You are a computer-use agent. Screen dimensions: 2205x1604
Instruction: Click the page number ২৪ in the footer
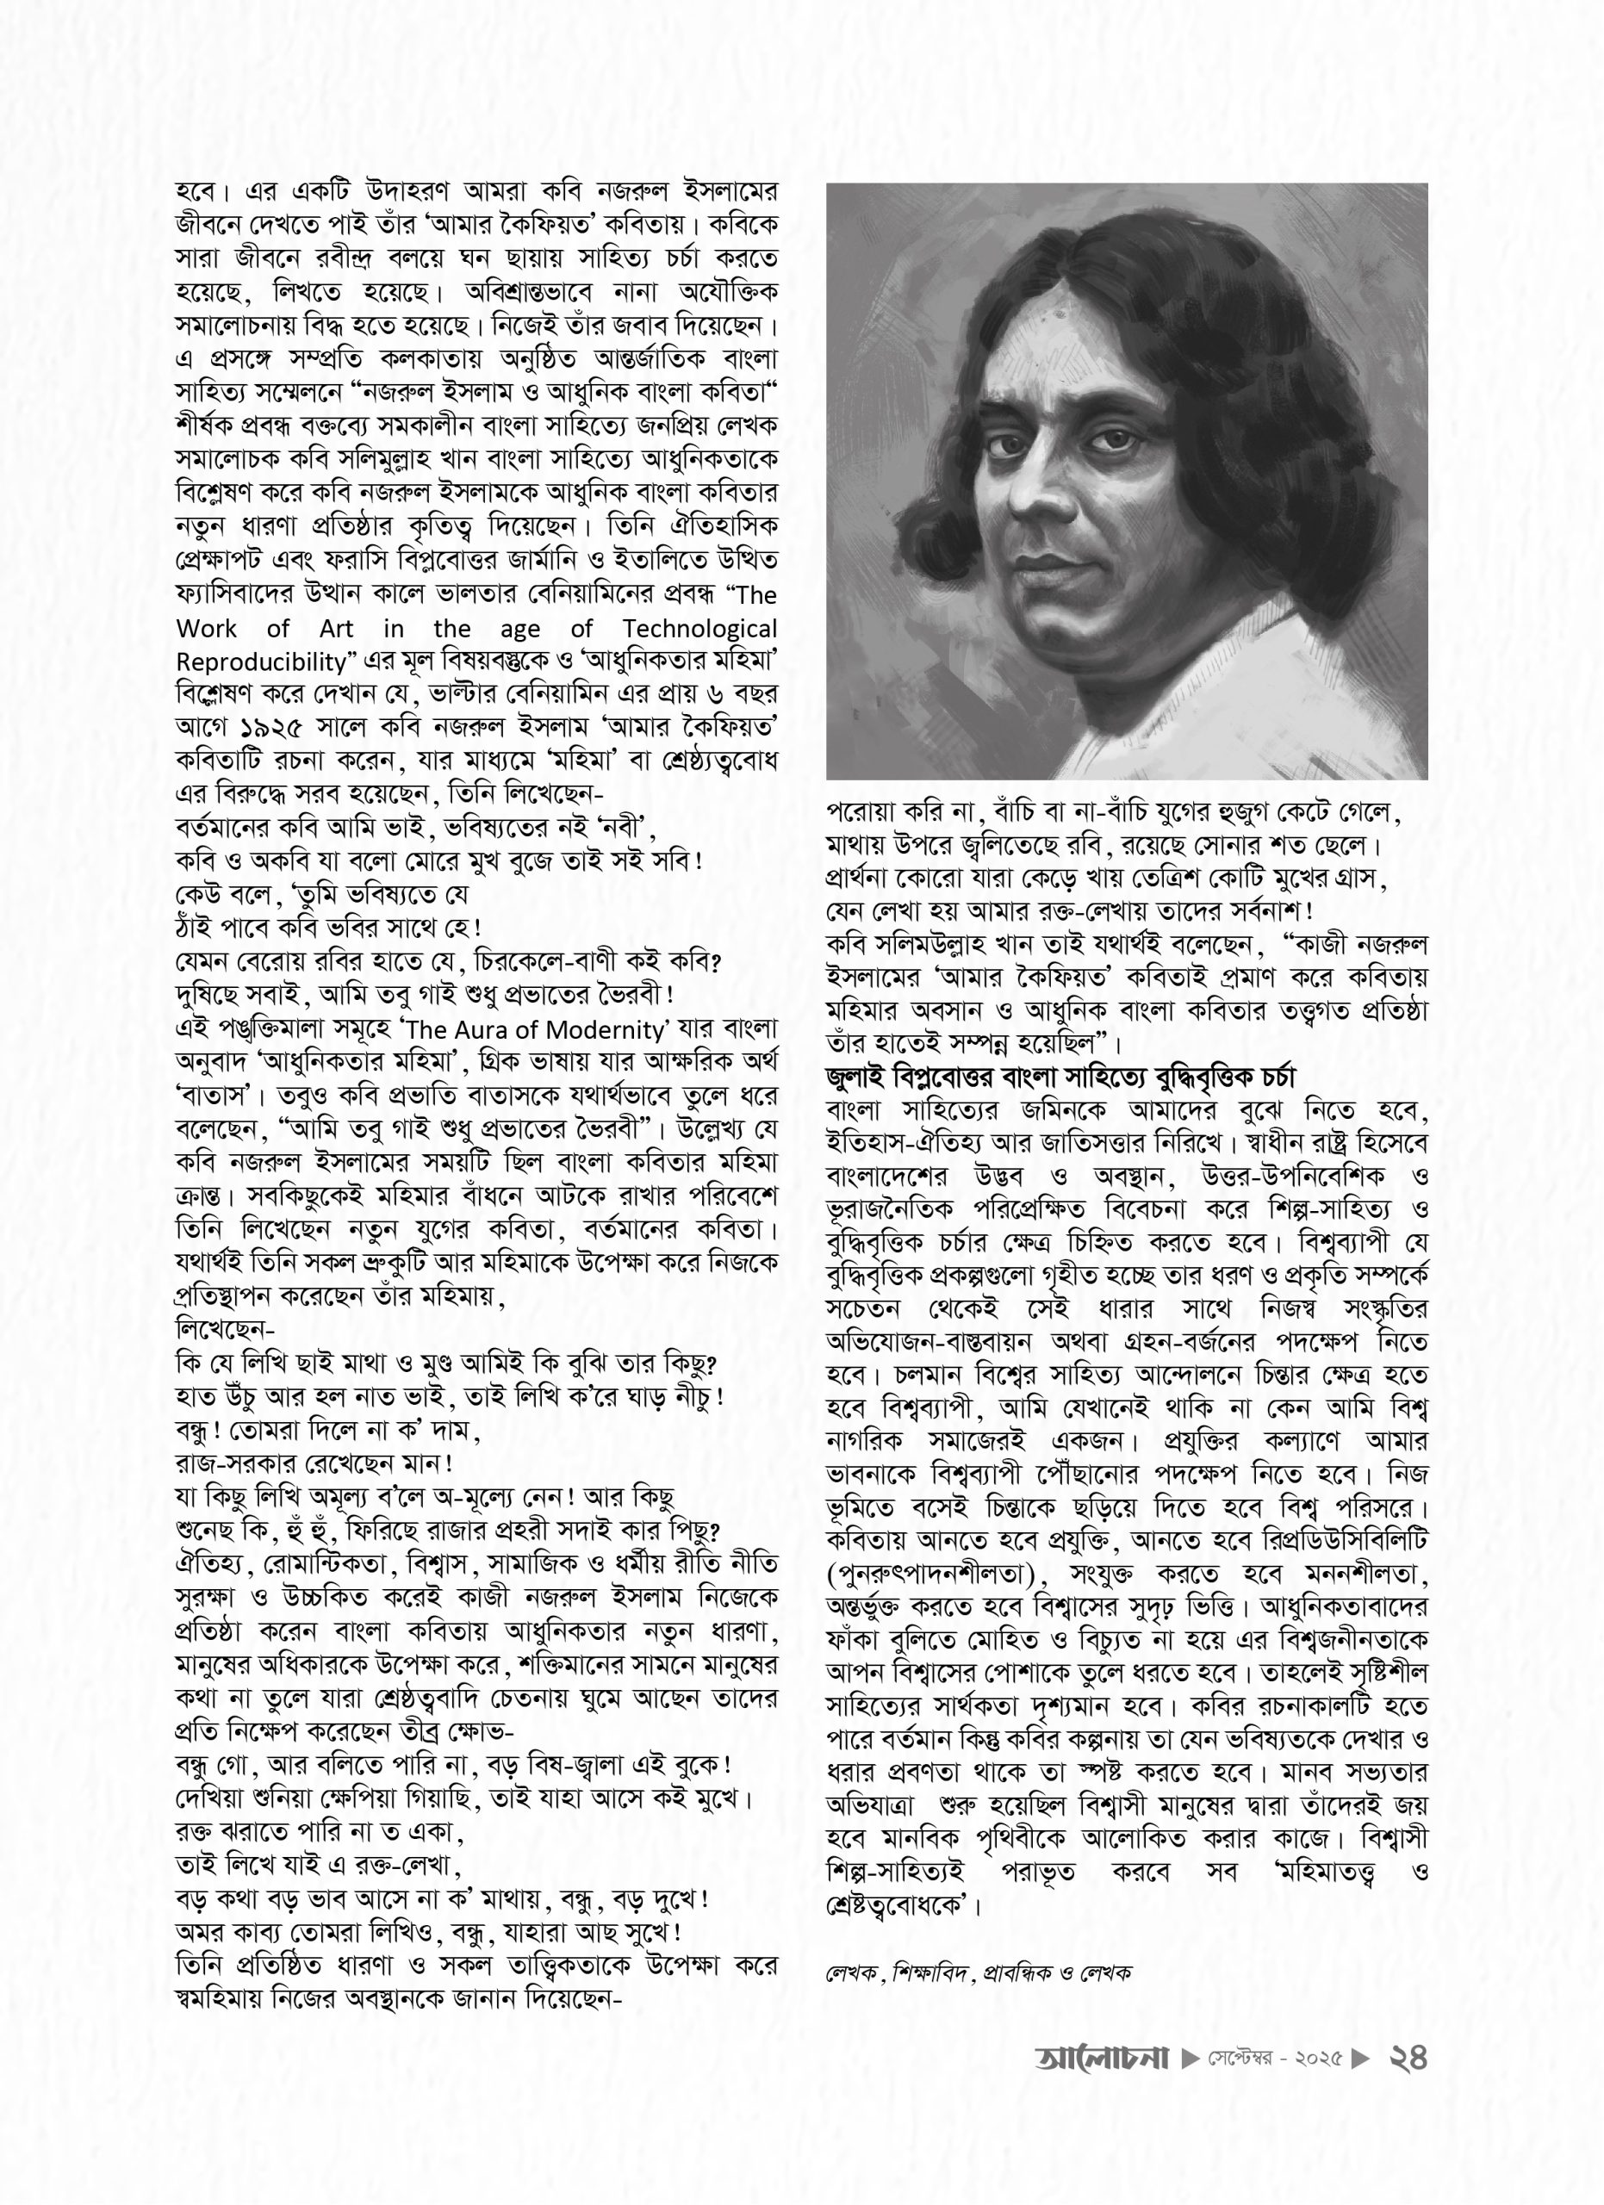1407,2059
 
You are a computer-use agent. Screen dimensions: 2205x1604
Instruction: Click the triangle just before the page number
1362,2059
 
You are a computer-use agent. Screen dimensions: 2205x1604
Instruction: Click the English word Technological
700,629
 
